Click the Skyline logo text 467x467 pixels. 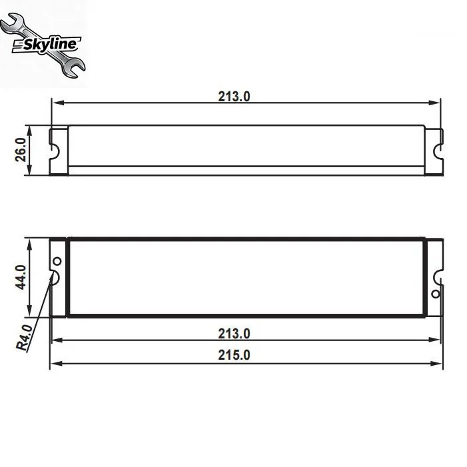tap(49, 45)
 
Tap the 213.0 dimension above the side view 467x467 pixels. tap(234, 97)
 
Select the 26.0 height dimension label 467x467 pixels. tap(21, 150)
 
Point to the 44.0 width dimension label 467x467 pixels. tap(21, 277)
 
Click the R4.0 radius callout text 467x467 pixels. tap(24, 338)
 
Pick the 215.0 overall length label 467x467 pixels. tap(234, 355)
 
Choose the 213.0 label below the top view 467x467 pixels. tap(234, 334)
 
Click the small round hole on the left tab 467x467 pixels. tap(57, 261)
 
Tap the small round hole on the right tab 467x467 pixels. tap(436, 294)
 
